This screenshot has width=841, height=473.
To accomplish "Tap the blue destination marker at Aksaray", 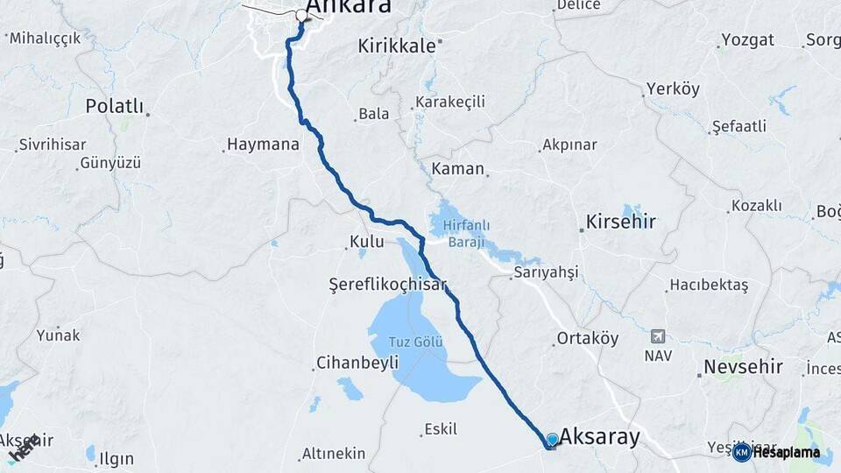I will tap(552, 440).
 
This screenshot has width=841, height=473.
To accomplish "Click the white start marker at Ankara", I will tap(303, 15).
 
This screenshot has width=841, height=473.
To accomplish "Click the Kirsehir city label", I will tap(624, 222).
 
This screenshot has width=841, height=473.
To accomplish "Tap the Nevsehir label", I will tap(744, 366).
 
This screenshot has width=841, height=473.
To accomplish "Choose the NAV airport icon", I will tap(658, 337).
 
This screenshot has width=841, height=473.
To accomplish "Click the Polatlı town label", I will tap(114, 106).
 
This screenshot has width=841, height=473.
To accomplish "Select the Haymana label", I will tap(263, 145).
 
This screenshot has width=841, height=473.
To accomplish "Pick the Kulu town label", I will tap(366, 242).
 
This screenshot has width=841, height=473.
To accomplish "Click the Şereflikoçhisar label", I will tap(387, 285).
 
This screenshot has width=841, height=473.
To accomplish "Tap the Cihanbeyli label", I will tap(357, 363).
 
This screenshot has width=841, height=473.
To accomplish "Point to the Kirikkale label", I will tap(396, 46).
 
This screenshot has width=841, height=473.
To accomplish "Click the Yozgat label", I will tap(746, 40).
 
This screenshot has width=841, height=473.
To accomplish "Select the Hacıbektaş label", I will tap(709, 286).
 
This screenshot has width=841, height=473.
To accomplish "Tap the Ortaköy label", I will tap(588, 339).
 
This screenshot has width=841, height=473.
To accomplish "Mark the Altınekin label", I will tap(333, 454).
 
